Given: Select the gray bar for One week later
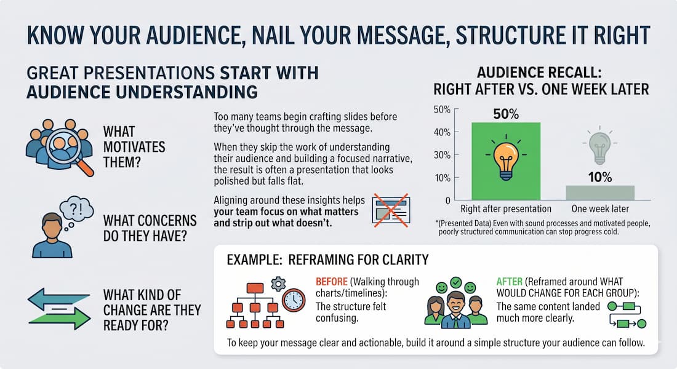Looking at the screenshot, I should click(x=599, y=192).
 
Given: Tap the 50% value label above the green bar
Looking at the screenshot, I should click(x=506, y=114).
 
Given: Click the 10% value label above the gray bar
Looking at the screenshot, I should click(x=599, y=178).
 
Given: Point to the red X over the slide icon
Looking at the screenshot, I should click(x=389, y=209).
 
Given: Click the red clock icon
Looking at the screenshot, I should click(x=294, y=300).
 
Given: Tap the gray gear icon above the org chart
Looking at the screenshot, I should click(x=278, y=283).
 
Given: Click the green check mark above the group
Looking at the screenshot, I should click(x=457, y=283).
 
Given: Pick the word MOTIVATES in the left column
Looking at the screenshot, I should click(x=135, y=147).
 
